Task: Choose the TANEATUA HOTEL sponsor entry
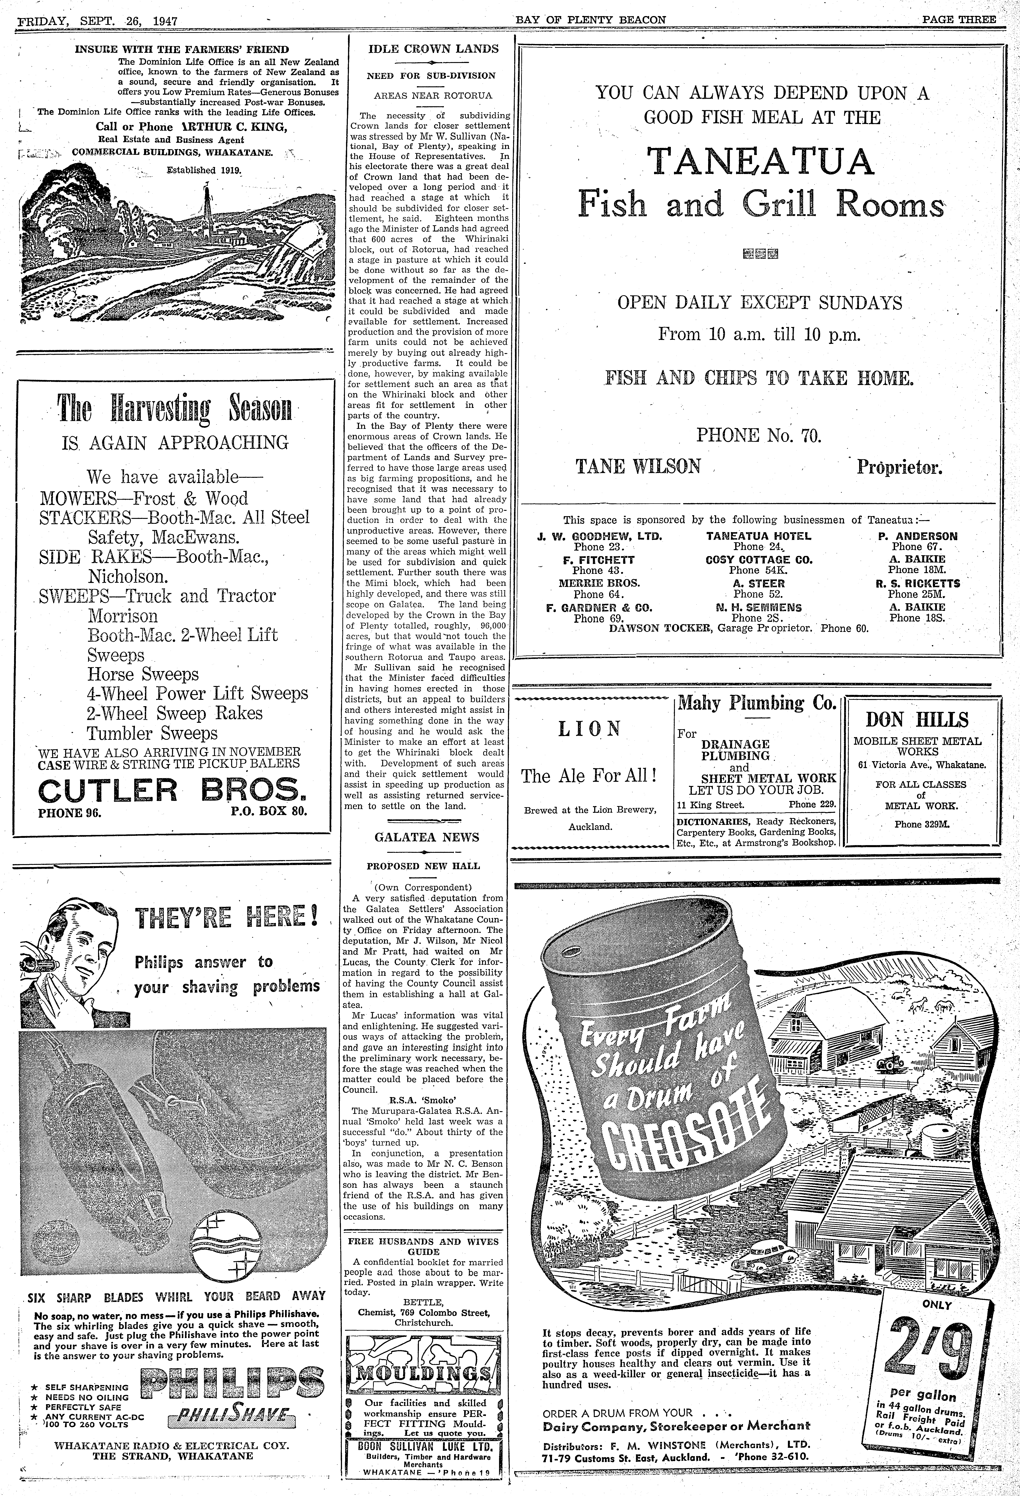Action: click(759, 535)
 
